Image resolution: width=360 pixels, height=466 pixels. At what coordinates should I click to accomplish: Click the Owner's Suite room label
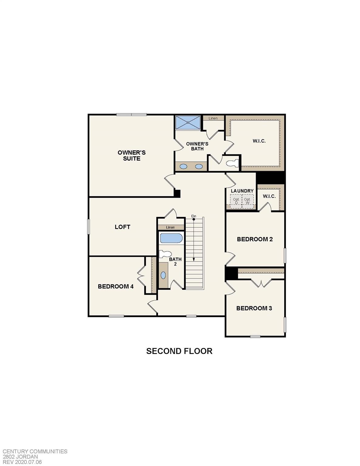pyautogui.click(x=132, y=155)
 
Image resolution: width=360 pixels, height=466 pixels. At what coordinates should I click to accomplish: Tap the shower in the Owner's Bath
pyautogui.click(x=188, y=123)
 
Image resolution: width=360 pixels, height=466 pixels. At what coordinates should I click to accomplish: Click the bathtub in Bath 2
pyautogui.click(x=171, y=238)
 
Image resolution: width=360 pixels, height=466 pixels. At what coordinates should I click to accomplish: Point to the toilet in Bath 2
pyautogui.click(x=165, y=254)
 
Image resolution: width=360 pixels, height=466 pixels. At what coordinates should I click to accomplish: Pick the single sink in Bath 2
pyautogui.click(x=163, y=275)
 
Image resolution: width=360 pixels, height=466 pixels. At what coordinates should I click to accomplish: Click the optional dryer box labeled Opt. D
pyautogui.click(x=236, y=201)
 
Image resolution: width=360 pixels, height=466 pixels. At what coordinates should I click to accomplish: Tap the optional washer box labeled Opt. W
pyautogui.click(x=248, y=201)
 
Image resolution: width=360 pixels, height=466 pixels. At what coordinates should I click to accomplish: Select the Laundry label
pyautogui.click(x=242, y=191)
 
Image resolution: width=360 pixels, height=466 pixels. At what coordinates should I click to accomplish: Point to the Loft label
pyautogui.click(x=122, y=227)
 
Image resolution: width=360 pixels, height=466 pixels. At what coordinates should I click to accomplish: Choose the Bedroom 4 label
pyautogui.click(x=116, y=286)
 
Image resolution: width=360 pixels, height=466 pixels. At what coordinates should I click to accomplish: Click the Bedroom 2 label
pyautogui.click(x=255, y=239)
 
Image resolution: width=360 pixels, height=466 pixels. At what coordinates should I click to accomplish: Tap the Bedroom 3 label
pyautogui.click(x=254, y=308)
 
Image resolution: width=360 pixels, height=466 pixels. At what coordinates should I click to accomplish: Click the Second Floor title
pyautogui.click(x=179, y=351)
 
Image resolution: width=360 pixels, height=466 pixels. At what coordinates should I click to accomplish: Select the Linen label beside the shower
pyautogui.click(x=213, y=118)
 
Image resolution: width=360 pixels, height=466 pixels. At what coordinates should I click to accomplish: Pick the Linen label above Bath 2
pyautogui.click(x=170, y=227)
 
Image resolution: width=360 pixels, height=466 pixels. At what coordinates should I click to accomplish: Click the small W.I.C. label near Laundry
pyautogui.click(x=269, y=196)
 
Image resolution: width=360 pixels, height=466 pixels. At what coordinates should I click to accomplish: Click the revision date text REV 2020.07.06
pyautogui.click(x=22, y=462)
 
